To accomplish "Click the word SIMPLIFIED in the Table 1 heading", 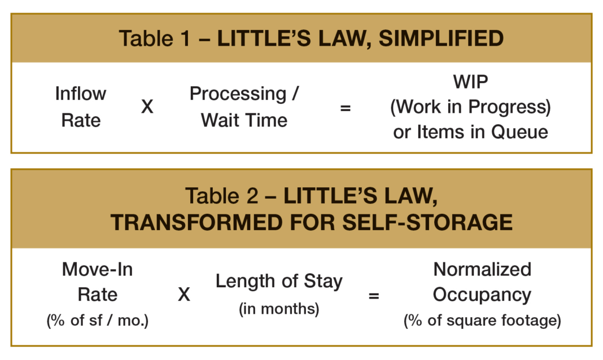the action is pos(441,38).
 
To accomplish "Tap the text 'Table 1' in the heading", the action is pos(155,38).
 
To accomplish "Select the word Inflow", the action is pos(81,93).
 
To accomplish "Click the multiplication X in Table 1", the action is pos(147,107).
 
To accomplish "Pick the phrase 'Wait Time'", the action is pos(244,120).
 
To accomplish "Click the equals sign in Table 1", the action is pos(346,108).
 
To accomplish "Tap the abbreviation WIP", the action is pos(471,81).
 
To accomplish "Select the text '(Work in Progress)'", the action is pos(471,107).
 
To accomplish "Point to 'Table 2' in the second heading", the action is pos(221,196).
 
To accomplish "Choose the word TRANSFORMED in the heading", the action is pos(196,222).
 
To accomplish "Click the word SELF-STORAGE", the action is pos(427,222).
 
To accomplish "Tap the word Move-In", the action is pos(97,269).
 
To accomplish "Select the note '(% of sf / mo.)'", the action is pos(97,320).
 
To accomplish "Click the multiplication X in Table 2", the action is pos(184,295).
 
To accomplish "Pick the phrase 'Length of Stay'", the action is pos(279,282).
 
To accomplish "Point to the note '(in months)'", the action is pos(279,309).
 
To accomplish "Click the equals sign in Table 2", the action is pos(374,296).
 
